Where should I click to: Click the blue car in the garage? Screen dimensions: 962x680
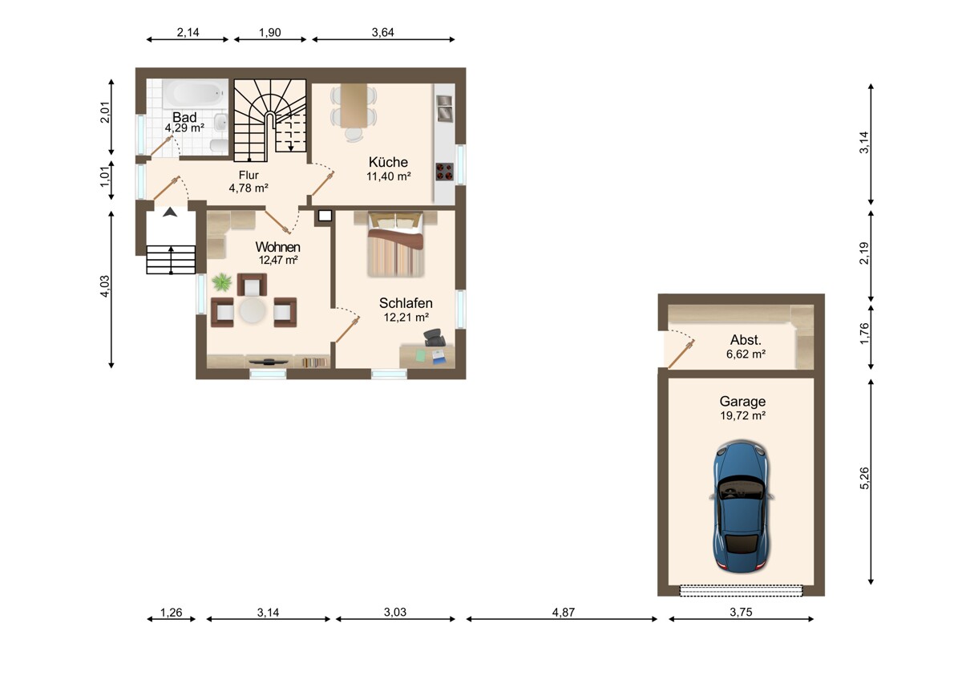coord(742,506)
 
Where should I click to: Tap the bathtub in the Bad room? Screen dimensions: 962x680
coord(195,93)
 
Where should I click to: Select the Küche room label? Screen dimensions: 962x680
coord(388,162)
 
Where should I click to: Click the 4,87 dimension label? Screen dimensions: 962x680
coord(563,612)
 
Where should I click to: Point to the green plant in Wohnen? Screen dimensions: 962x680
coord(222,282)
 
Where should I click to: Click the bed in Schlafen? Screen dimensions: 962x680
coord(395,245)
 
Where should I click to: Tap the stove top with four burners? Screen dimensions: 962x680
coord(444,172)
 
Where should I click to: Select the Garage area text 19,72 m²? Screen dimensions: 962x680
coord(742,415)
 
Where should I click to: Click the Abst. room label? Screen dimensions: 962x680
coord(746,340)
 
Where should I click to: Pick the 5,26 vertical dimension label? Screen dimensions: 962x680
coord(864,478)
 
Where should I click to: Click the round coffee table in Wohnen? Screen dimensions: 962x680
coord(253,310)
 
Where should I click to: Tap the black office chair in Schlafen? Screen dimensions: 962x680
coord(435,338)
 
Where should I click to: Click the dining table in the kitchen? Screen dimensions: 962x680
coord(354,106)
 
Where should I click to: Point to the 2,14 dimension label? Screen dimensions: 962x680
coord(188,32)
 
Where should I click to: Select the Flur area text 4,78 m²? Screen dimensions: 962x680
coord(249,188)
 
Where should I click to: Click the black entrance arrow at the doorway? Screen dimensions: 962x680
coord(170,212)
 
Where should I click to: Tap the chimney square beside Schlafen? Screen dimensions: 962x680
coord(325,216)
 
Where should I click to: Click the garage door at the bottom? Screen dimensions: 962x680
coord(741,590)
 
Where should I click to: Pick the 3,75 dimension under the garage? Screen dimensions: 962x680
coord(741,612)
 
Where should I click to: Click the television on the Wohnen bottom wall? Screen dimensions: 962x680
coord(269,362)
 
